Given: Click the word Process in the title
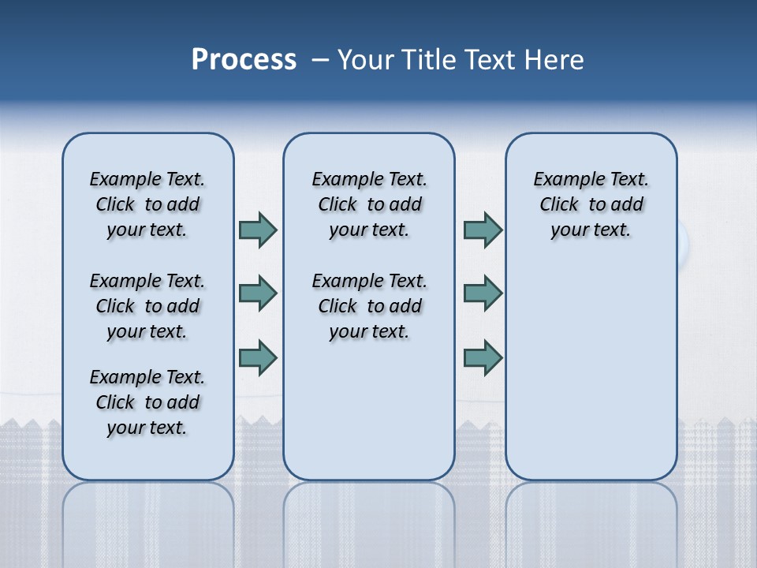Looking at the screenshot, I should pos(244,59).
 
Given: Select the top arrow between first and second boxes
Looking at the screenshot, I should pos(258,230).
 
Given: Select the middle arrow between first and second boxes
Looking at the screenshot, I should pos(258,293).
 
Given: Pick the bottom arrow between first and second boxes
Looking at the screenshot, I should pos(258,357).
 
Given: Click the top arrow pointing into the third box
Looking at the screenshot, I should pos(483,230).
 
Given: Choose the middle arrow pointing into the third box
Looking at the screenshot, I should pos(483,293).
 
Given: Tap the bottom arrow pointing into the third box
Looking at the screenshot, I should pos(483,357).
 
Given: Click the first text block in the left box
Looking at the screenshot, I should pos(147,204).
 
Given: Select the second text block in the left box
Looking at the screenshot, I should pos(147,306).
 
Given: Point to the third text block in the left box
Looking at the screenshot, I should pos(147,402).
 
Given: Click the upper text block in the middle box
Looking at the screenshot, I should pos(370,204).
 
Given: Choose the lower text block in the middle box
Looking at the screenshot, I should pos(370,306).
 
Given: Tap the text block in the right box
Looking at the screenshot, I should pos(591,204).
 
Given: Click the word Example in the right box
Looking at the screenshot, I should pos(563,180).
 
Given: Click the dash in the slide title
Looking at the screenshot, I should pos(320,60).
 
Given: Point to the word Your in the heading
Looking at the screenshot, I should pos(367,60).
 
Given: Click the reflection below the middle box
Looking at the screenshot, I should pos(369,521).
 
